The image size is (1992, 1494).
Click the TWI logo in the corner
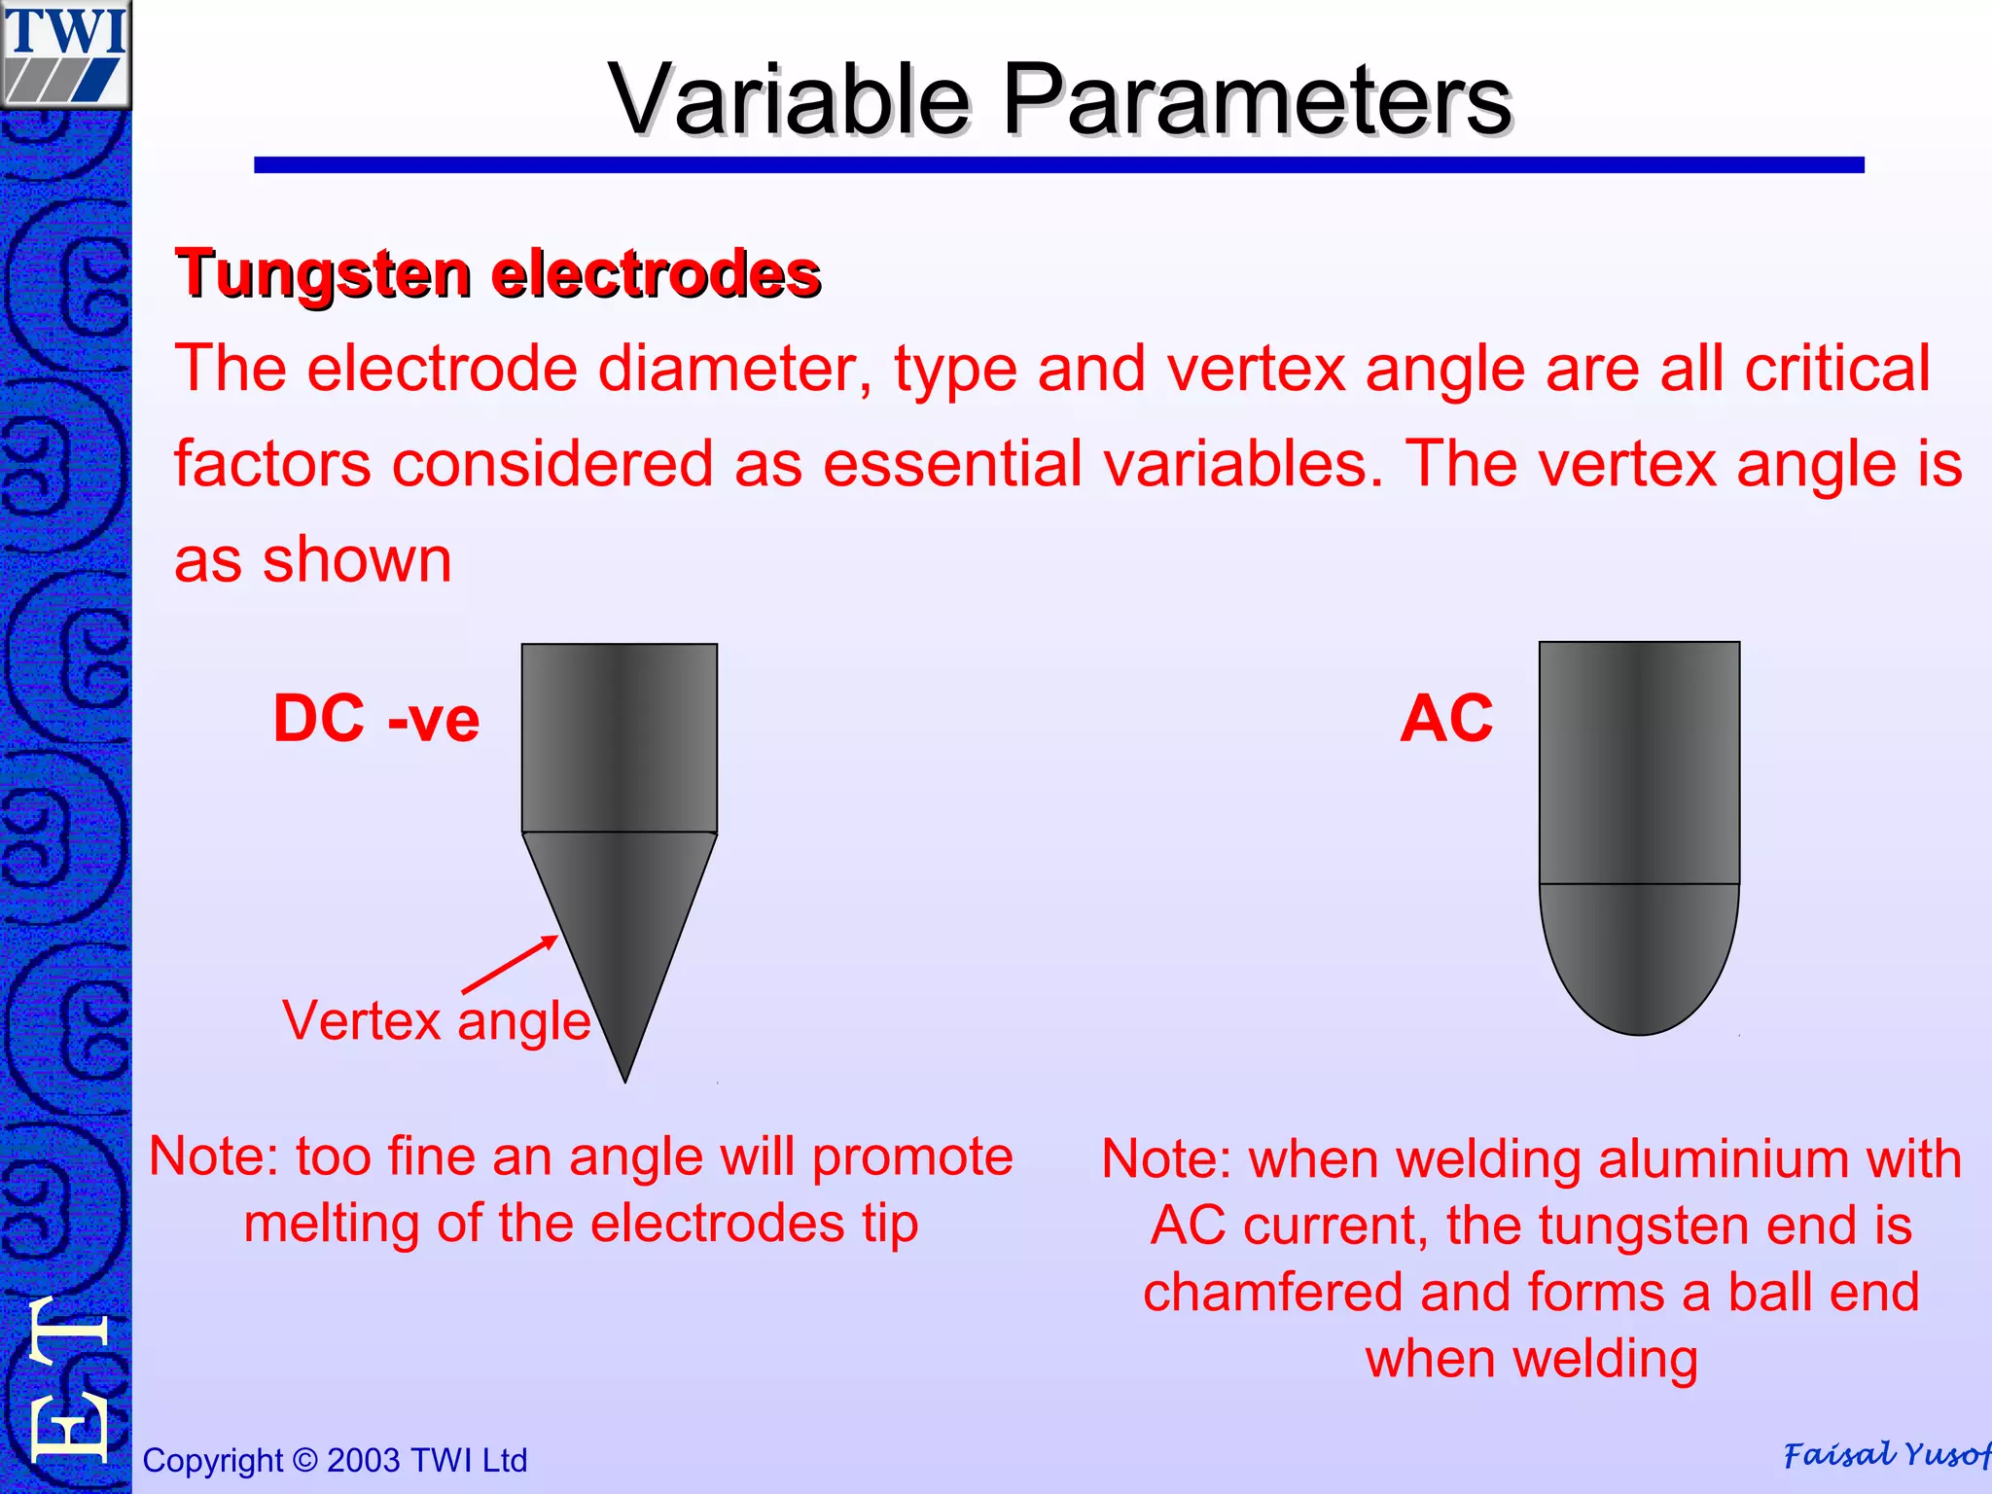[65, 53]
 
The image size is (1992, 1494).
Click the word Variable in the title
[789, 99]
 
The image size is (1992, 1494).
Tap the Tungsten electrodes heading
[498, 273]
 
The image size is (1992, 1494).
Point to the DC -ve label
[376, 719]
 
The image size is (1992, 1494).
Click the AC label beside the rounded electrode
[1446, 719]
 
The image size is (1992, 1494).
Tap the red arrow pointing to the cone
[511, 964]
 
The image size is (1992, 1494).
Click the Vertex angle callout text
[437, 1021]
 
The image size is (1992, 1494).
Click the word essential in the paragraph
[952, 464]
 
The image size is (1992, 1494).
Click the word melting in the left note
[331, 1224]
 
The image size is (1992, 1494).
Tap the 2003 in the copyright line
[363, 1460]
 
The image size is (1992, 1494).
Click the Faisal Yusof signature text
[1885, 1454]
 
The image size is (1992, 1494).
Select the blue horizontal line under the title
[1058, 165]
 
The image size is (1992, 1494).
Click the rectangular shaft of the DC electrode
[620, 737]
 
